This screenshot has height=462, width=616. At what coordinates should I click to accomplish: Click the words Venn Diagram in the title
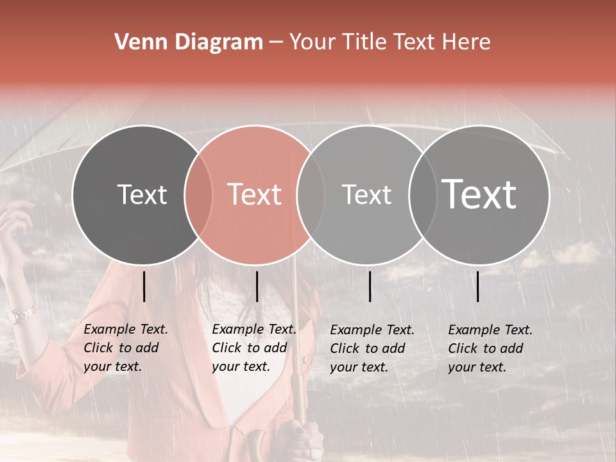189,42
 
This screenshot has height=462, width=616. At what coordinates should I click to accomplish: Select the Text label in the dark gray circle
142,194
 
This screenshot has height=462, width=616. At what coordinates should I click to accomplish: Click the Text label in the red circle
254,194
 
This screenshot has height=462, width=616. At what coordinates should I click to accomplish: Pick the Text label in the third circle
366,194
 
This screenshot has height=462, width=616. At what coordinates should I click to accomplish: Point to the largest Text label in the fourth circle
479,194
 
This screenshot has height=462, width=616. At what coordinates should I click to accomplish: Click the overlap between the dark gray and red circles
198,195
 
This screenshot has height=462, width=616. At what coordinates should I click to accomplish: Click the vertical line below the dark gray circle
144,286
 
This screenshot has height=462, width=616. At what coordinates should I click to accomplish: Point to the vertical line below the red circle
257,286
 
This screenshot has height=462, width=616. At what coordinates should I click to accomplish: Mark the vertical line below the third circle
370,286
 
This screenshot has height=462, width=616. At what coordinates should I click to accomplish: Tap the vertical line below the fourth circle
478,286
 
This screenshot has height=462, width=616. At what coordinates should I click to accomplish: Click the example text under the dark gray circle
125,348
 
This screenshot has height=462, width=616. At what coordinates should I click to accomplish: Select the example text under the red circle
253,348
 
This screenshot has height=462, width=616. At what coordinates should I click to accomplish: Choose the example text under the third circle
372,348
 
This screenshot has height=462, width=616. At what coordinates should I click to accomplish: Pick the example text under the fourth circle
490,348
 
